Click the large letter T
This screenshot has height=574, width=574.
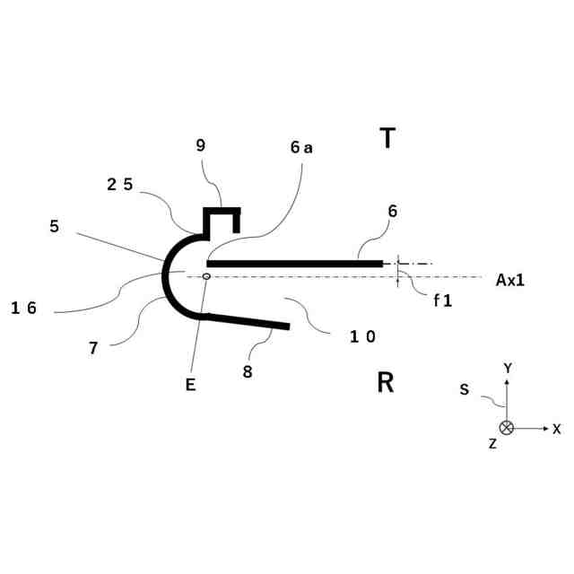click(x=387, y=138)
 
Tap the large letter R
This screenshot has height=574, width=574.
click(x=386, y=383)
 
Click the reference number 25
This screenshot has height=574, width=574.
click(x=119, y=184)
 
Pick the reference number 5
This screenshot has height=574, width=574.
click(x=56, y=227)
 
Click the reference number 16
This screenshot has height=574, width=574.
click(x=23, y=308)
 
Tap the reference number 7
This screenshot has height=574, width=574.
click(x=93, y=349)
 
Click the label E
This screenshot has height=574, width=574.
click(x=190, y=386)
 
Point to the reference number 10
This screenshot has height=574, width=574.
click(x=362, y=336)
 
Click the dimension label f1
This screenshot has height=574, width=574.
click(x=442, y=301)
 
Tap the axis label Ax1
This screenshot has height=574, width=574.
click(x=509, y=280)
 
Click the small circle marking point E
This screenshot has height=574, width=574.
click(x=207, y=276)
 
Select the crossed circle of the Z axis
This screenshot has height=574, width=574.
click(x=507, y=428)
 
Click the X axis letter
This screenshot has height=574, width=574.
click(x=556, y=430)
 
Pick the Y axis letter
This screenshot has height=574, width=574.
click(x=508, y=368)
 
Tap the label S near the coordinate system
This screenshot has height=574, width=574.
click(x=464, y=390)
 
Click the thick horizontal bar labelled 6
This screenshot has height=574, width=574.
click(x=296, y=263)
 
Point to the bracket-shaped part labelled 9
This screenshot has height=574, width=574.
click(x=222, y=214)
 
